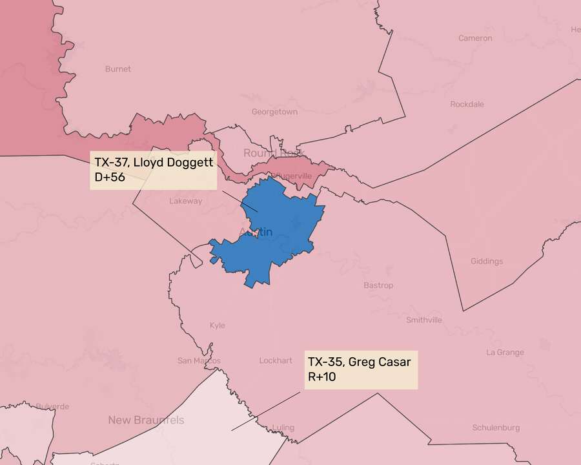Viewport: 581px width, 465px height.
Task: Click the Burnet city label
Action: (117, 68)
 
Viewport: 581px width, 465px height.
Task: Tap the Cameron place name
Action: (475, 38)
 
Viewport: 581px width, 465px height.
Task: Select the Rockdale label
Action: (467, 104)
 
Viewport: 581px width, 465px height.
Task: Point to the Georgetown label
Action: (274, 112)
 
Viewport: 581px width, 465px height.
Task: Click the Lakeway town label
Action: (186, 201)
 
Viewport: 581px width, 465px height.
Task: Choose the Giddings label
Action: (487, 262)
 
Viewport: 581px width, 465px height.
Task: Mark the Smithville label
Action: (424, 320)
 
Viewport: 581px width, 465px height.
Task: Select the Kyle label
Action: (218, 325)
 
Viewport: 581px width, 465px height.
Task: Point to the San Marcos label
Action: (199, 360)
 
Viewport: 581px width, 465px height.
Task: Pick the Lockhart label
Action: (276, 360)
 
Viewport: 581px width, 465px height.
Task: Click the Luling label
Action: (283, 428)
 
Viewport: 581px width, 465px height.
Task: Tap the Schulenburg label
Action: (496, 428)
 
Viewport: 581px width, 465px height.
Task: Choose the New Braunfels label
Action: (145, 420)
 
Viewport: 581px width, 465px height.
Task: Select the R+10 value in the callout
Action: (321, 377)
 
